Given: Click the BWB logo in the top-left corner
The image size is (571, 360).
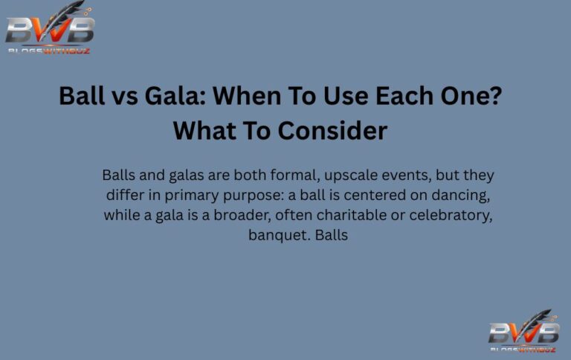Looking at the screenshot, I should point(49,30).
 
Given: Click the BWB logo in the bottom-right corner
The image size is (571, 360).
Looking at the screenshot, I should point(523,331).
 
